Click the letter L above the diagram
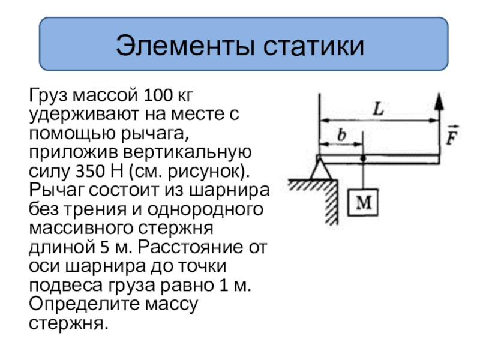click(x=378, y=109)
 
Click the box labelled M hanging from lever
click(x=363, y=204)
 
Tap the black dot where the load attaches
click(x=363, y=159)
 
